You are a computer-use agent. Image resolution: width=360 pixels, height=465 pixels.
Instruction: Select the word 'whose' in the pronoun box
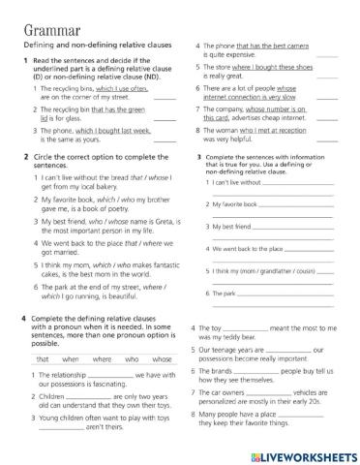tap(162, 358)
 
